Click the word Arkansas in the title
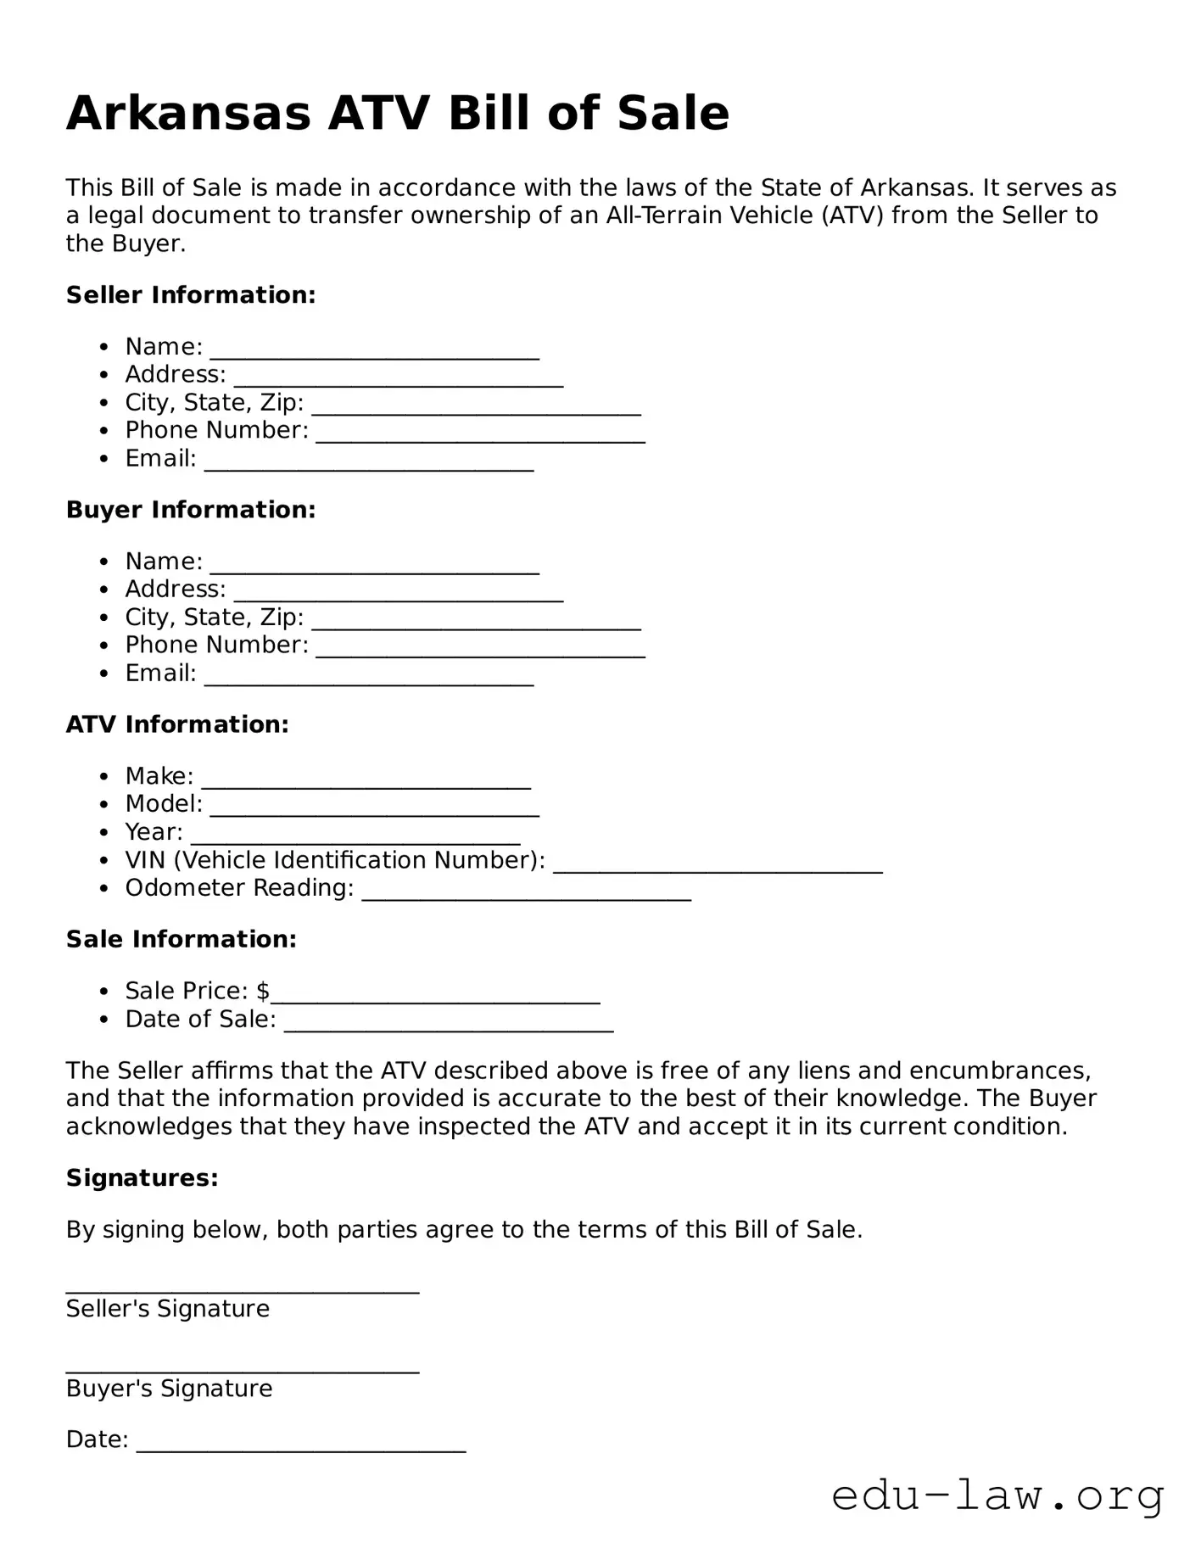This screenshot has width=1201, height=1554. coord(188,114)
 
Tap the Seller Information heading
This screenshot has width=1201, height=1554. coord(191,295)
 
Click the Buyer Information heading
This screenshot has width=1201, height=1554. coord(191,510)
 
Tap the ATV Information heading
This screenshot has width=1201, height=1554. coord(177,724)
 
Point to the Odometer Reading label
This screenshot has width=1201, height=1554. coord(239,888)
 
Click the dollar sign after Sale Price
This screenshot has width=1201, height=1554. coord(263,991)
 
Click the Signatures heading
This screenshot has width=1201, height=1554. coord(142,1178)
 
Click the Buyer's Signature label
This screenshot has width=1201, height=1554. coord(170,1389)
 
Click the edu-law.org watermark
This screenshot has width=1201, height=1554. coord(997,1496)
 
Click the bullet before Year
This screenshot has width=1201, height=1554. coord(103,833)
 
